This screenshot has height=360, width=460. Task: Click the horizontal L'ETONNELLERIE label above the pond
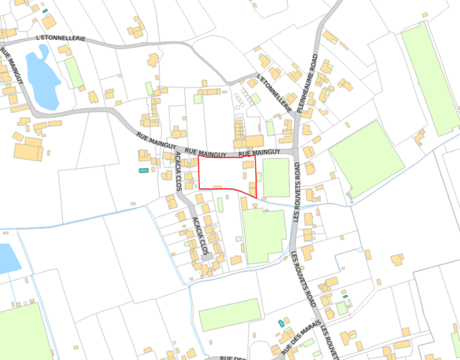(59, 37)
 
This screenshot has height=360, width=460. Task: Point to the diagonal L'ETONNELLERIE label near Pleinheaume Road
(273, 93)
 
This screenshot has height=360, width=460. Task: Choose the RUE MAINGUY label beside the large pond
(12, 68)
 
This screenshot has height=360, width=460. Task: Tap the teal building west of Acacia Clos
(144, 170)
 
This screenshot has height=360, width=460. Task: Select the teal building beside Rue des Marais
(281, 323)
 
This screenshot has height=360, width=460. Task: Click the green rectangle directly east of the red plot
(276, 177)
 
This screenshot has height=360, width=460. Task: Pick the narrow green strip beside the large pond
(74, 72)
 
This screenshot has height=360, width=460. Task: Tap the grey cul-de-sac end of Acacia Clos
(207, 256)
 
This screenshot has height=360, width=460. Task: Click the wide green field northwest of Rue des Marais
(229, 314)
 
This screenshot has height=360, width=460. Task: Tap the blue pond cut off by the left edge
(7, 258)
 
